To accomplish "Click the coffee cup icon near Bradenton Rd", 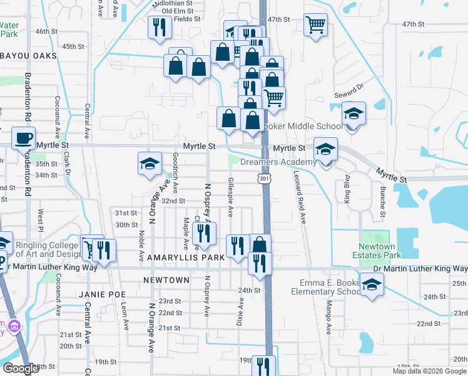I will coord(24,137).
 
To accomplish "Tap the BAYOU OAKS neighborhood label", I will coord(28,56).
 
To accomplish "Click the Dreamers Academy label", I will coord(278,162).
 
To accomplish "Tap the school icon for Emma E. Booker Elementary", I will coord(372,285).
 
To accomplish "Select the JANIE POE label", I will coord(103,294).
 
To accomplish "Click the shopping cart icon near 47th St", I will coord(315,25).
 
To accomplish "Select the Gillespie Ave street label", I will coord(231,197).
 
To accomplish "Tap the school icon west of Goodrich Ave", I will coord(150,164).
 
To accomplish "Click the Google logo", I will coord(21,368).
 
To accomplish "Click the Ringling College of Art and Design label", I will coord(48,249).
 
